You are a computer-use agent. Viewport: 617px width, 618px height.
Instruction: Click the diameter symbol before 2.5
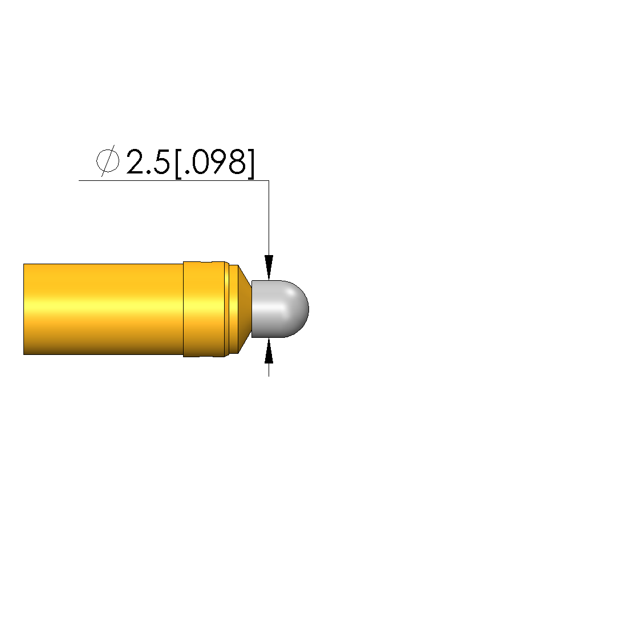pyautogui.click(x=108, y=161)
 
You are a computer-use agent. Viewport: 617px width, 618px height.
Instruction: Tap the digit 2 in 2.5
pyautogui.click(x=136, y=161)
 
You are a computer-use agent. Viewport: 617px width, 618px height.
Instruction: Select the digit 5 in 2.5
pyautogui.click(x=161, y=161)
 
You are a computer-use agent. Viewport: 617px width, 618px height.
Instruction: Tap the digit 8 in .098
pyautogui.click(x=237, y=161)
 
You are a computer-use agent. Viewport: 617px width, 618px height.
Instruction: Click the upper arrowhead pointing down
pyautogui.click(x=269, y=268)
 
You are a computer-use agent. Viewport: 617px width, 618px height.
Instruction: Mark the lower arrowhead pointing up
pyautogui.click(x=269, y=350)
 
